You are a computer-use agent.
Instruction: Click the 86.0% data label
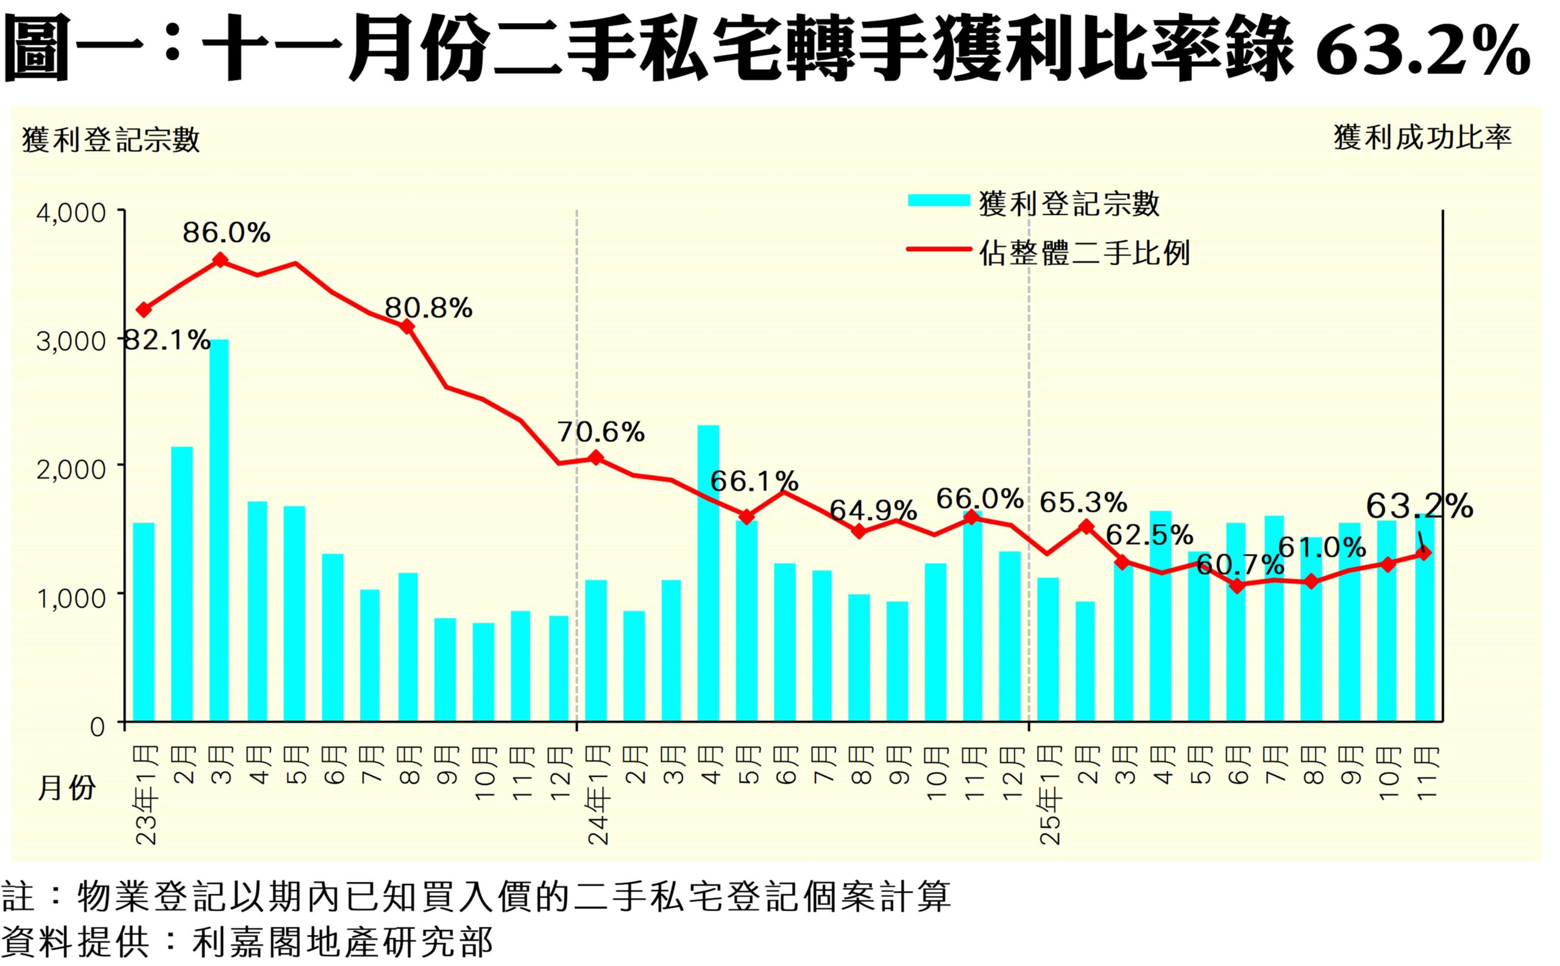click(226, 233)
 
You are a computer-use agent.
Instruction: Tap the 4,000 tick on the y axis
click(71, 213)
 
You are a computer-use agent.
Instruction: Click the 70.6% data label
click(601, 433)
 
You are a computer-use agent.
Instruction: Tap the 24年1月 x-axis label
click(598, 795)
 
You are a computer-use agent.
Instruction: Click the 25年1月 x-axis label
click(1050, 795)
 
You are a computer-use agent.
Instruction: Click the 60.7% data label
click(1239, 564)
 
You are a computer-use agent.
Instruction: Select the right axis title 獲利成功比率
click(1422, 137)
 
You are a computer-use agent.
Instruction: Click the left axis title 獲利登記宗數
click(111, 140)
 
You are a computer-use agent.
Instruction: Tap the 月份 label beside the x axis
click(66, 788)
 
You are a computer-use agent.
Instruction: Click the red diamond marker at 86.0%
click(220, 260)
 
